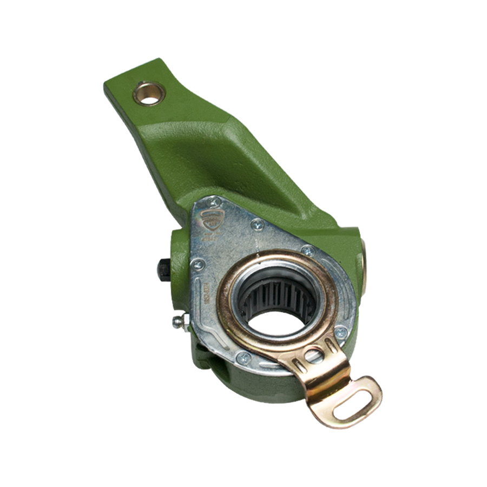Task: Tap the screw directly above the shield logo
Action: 214,202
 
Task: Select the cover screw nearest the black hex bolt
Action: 198,264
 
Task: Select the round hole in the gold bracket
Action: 314,356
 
